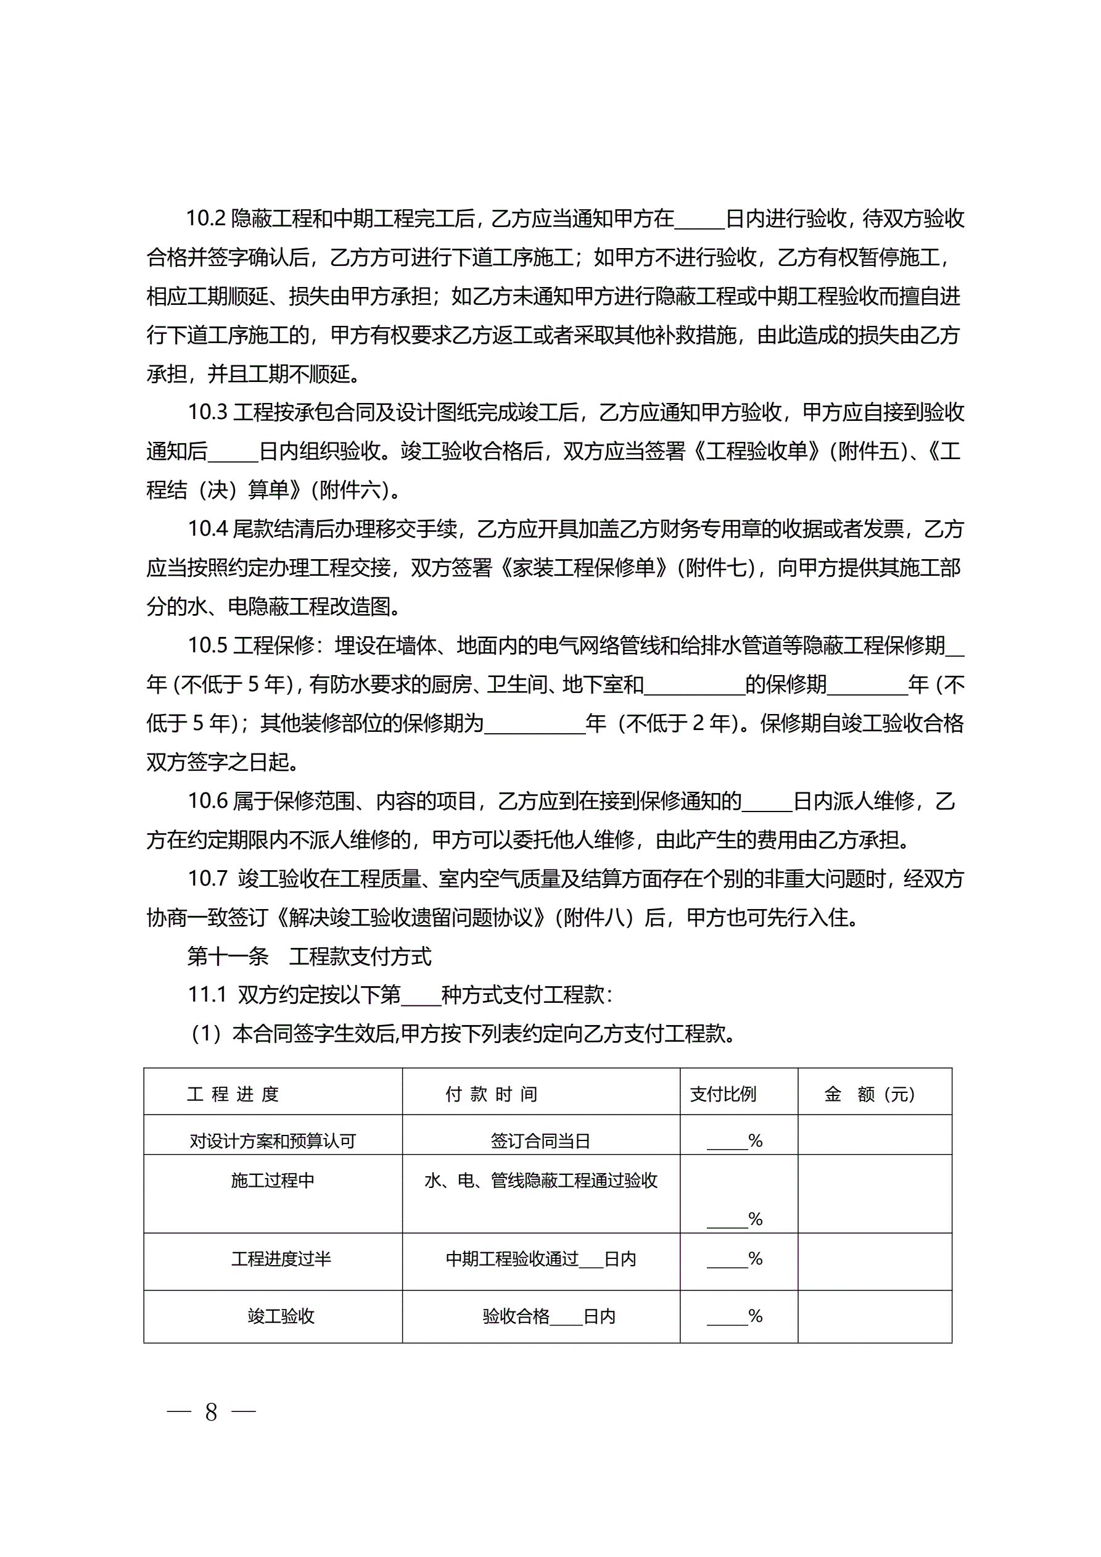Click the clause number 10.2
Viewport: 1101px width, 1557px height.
[x=205, y=219]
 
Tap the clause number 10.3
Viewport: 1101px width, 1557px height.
[x=207, y=412]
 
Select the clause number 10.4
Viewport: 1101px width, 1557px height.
[x=207, y=529]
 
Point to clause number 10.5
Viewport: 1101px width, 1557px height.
[x=207, y=646]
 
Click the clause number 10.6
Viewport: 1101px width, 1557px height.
[x=207, y=801]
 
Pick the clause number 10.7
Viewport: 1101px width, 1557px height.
[x=207, y=879]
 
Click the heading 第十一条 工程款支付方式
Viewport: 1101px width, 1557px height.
[x=309, y=957]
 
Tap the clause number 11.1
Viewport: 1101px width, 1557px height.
[x=207, y=995]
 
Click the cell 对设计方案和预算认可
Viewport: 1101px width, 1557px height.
[x=273, y=1141]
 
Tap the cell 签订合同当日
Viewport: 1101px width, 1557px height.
[x=540, y=1141]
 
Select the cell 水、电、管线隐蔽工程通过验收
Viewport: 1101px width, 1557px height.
[x=541, y=1181]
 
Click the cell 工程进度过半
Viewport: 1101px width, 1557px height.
[x=281, y=1260]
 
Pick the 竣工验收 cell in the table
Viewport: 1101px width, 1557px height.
[x=281, y=1317]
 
